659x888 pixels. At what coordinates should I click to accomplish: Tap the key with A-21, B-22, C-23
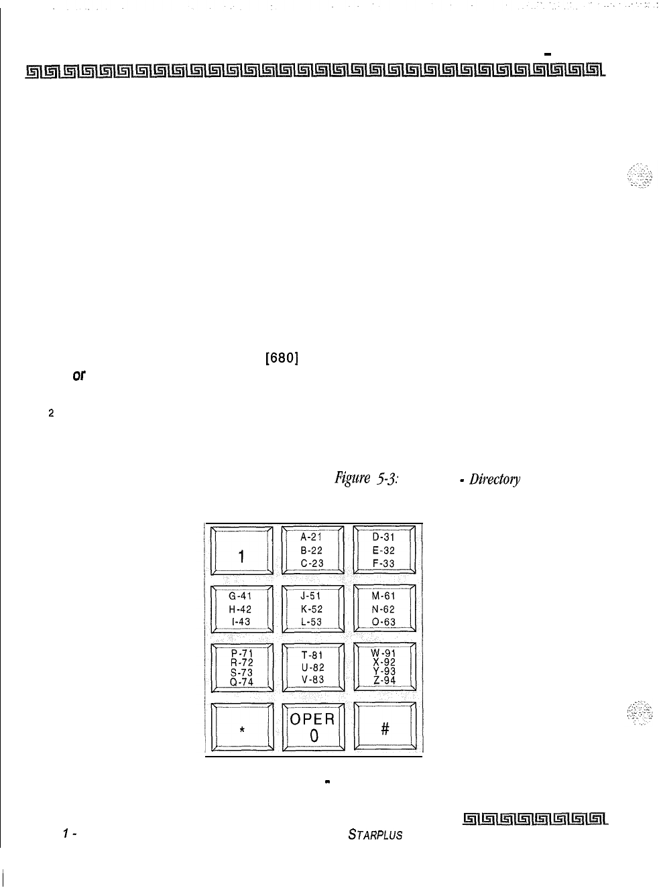pos(312,550)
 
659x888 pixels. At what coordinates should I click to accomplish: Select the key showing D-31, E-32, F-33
pos(384,550)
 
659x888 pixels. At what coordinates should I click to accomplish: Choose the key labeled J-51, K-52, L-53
pos(312,609)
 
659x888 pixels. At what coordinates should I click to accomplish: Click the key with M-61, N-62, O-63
pos(384,609)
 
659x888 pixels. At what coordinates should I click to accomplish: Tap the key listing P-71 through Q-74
pos(241,668)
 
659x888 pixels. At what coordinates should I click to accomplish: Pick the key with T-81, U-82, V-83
pos(312,668)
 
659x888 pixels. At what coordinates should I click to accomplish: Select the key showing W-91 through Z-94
pos(384,668)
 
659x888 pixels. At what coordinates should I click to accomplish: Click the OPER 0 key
pos(312,727)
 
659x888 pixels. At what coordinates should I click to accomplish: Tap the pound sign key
pos(385,727)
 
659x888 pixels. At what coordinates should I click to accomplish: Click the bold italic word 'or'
pos(79,377)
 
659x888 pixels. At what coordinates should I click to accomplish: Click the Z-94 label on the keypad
pos(385,680)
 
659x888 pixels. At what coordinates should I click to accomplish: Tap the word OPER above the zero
pos(312,719)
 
